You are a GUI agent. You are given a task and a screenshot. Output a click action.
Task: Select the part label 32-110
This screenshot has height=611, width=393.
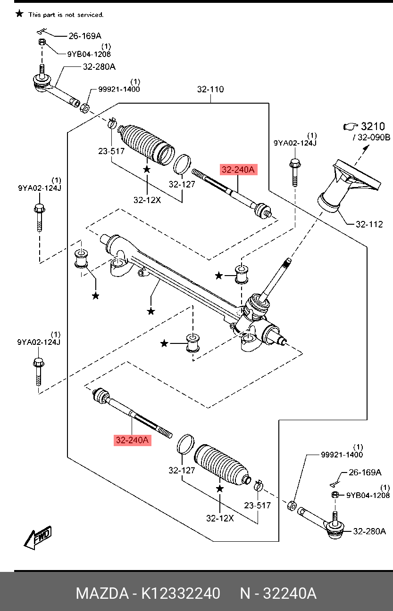(x=210, y=89)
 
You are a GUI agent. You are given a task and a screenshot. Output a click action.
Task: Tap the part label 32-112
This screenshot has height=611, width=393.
(x=369, y=224)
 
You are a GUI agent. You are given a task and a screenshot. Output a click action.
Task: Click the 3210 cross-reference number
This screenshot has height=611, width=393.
(x=373, y=126)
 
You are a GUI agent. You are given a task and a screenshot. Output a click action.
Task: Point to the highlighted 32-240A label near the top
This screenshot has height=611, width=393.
(x=238, y=170)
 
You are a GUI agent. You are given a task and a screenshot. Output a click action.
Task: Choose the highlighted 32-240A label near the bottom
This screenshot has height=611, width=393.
(x=133, y=440)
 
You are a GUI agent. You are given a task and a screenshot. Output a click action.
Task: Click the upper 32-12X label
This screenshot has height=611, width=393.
(x=147, y=200)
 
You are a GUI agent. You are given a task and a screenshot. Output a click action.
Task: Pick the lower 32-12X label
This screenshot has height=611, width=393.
(x=220, y=518)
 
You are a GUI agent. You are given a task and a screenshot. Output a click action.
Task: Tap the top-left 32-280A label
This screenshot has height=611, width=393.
(x=99, y=67)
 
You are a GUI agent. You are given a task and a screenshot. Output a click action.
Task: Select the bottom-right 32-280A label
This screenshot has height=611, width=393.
(x=369, y=531)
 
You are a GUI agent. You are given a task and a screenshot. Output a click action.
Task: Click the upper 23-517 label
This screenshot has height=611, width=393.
(x=111, y=151)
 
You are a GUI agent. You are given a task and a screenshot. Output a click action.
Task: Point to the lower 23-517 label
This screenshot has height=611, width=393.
(x=258, y=505)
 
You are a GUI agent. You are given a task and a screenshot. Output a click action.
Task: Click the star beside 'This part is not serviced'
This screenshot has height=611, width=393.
(x=19, y=14)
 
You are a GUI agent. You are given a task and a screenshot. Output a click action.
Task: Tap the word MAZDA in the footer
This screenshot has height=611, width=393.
(x=102, y=594)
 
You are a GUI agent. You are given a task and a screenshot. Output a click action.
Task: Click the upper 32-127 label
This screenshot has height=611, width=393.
(x=182, y=185)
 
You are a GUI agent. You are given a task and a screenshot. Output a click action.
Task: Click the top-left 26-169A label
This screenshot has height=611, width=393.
(x=85, y=35)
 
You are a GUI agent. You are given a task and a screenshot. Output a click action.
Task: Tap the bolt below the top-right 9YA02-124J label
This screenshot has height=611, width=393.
(x=295, y=172)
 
